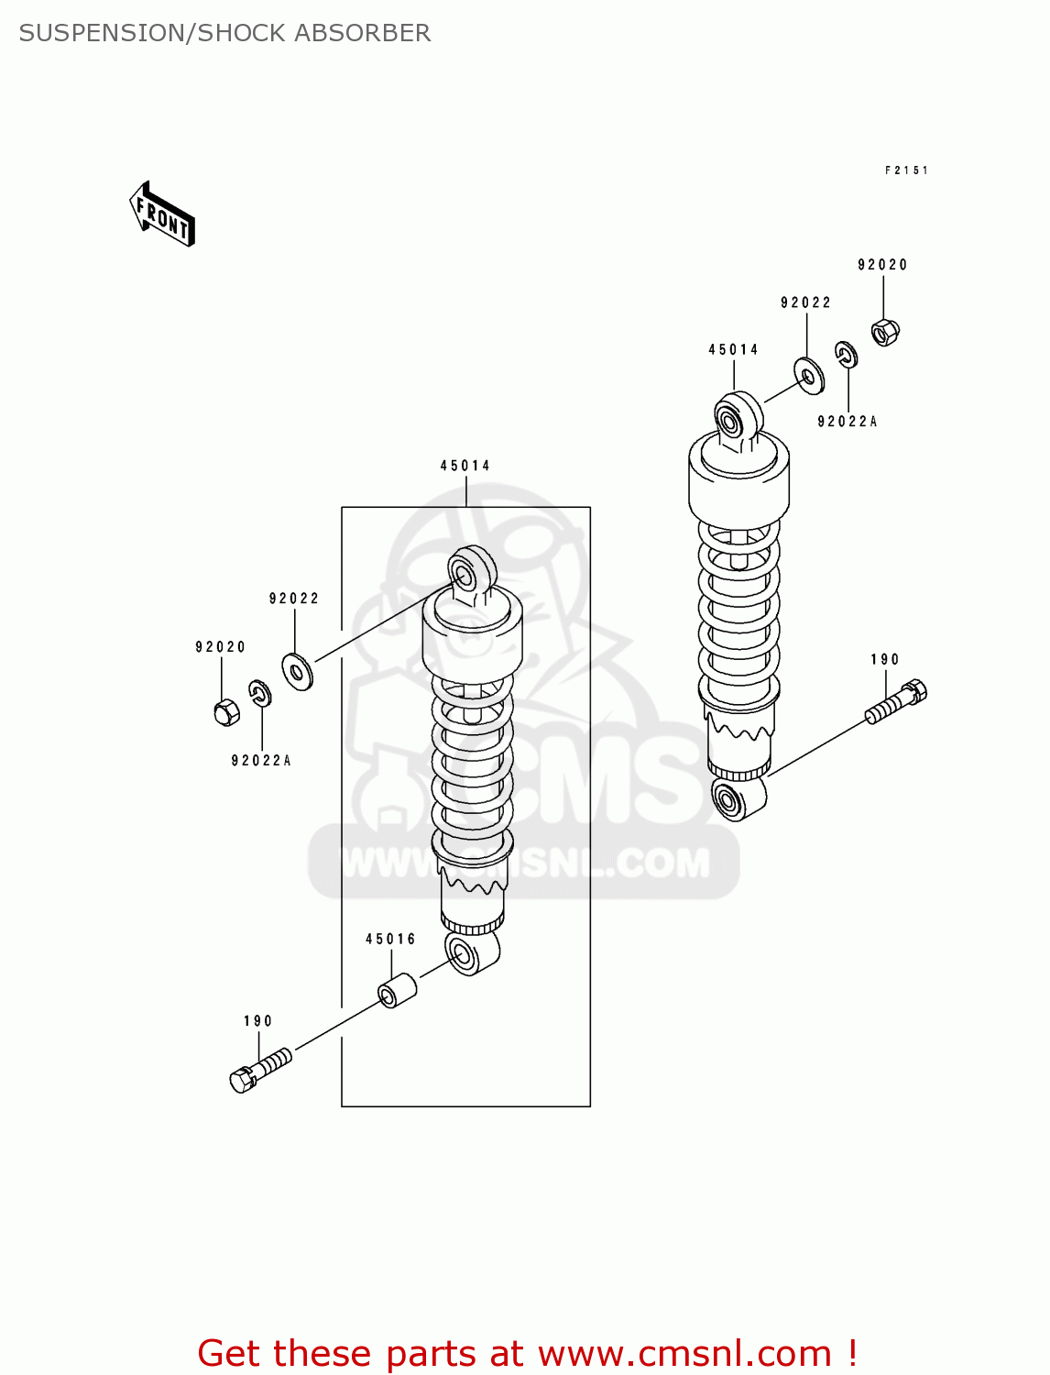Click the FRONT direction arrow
[162, 214]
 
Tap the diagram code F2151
[906, 170]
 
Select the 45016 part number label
[390, 939]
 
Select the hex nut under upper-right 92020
[884, 331]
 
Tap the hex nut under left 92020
[226, 711]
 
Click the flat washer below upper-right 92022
[809, 376]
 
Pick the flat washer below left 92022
[298, 672]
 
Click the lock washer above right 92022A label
[846, 355]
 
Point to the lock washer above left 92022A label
[260, 694]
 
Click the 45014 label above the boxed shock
[465, 466]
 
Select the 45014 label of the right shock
[733, 349]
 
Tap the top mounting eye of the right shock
[737, 419]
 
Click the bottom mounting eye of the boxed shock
[469, 953]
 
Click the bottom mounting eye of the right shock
[737, 799]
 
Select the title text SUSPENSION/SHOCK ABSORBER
[224, 33]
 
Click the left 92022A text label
[261, 761]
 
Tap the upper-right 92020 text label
[882, 265]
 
